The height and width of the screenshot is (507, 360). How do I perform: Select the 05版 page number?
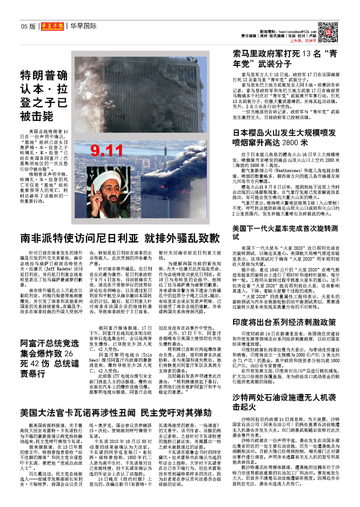click(28, 26)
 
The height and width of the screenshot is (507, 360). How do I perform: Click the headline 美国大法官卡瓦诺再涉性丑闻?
click(115, 413)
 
